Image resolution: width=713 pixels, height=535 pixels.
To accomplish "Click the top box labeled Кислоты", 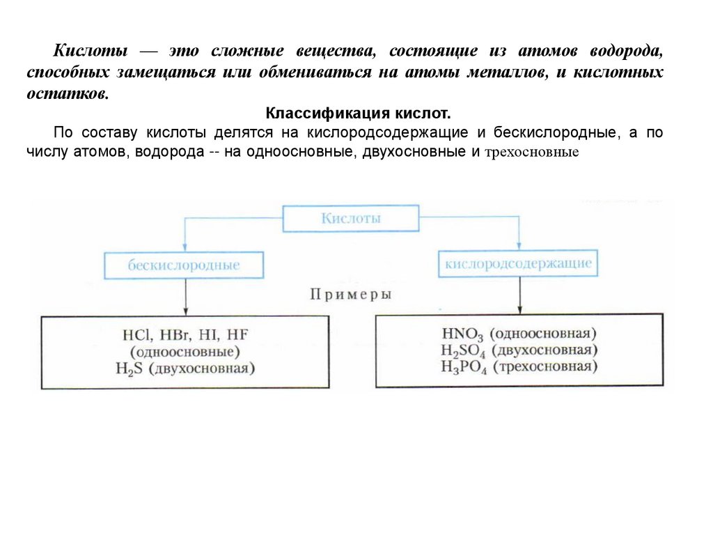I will (x=350, y=218).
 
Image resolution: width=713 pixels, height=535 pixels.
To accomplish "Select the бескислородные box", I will (x=184, y=265).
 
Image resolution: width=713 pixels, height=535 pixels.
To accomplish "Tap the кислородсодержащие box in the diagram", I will (x=518, y=264).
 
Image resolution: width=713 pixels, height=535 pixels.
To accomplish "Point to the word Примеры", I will (x=350, y=294).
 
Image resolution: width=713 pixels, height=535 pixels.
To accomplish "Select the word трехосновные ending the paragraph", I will (x=532, y=151).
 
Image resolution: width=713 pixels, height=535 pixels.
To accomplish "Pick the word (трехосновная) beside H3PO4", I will (x=546, y=366).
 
